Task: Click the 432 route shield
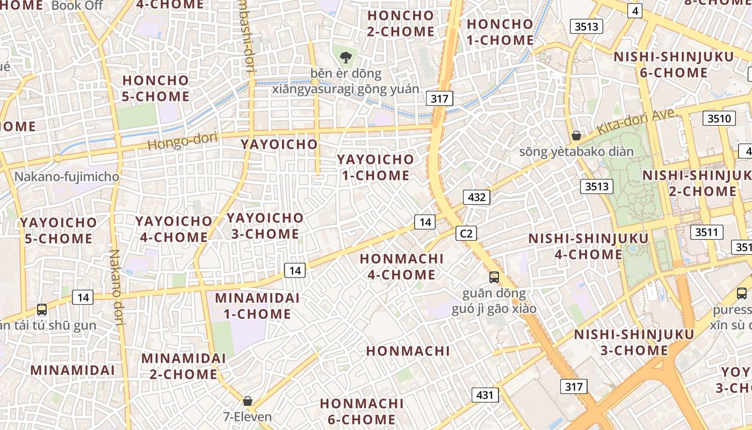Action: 476,197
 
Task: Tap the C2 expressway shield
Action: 466,233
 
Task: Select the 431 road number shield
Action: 485,395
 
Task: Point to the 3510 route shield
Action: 719,118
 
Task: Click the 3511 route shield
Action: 706,232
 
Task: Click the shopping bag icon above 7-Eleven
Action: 248,400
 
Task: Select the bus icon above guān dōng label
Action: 494,277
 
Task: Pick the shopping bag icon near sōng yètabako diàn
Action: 576,135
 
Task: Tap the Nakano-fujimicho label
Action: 67,176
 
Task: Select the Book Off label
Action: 77,6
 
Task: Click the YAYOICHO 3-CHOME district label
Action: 265,226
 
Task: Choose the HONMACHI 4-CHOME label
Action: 401,267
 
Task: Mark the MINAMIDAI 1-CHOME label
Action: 253,306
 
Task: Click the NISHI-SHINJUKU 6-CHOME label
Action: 674,64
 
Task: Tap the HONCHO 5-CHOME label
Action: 156,89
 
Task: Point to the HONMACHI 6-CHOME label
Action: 361,411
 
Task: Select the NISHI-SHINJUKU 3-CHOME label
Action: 634,342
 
